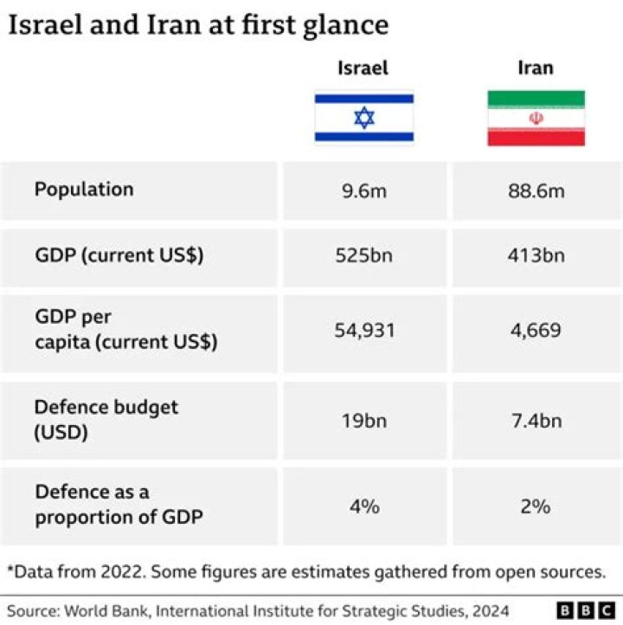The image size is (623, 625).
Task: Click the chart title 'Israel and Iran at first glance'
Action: (x=198, y=25)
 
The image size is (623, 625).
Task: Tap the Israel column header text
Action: (x=363, y=68)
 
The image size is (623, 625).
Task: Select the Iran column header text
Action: (x=536, y=68)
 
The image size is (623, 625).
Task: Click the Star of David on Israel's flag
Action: (x=364, y=118)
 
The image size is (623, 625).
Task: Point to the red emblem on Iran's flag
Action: (x=536, y=119)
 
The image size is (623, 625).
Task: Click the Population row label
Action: (x=84, y=190)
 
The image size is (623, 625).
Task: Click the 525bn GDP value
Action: (x=364, y=256)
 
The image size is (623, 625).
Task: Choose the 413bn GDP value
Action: (x=536, y=256)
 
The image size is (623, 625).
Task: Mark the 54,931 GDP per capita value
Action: (x=364, y=331)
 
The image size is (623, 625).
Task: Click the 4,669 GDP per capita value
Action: (x=536, y=331)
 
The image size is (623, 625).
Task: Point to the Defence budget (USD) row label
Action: (x=106, y=419)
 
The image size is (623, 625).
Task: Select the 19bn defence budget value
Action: (x=364, y=421)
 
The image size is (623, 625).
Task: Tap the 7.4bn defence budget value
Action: (x=536, y=421)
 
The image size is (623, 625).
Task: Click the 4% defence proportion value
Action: (x=364, y=506)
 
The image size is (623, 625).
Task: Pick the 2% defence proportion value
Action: (x=536, y=506)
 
